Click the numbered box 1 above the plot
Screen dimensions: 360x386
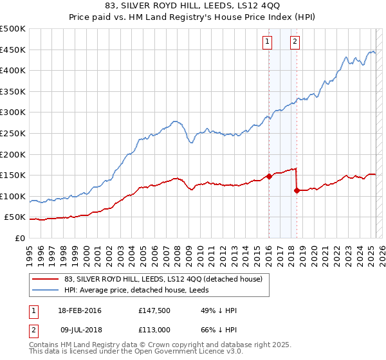click(x=267, y=42)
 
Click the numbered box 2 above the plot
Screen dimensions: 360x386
click(x=295, y=42)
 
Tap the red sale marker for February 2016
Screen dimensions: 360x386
click(x=269, y=176)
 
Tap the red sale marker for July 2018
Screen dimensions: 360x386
click(x=297, y=190)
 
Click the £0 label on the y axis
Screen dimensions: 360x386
click(x=19, y=238)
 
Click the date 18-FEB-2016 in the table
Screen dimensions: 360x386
click(x=80, y=310)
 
